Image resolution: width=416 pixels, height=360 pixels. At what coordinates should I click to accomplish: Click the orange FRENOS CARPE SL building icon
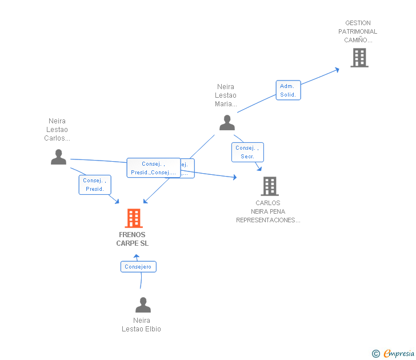tap(133, 218)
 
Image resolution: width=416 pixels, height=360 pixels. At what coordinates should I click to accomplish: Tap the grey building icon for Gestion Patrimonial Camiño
tap(359, 58)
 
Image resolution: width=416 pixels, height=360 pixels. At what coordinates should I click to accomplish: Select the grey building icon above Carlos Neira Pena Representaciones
tap(269, 186)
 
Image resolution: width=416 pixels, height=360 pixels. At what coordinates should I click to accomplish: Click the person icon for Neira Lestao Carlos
tap(58, 157)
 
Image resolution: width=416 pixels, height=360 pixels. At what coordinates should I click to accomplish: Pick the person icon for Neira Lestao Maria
tap(227, 122)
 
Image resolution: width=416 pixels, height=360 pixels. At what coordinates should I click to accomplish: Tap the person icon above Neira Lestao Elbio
tap(143, 305)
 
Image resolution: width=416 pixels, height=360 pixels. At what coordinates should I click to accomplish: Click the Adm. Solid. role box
tap(288, 90)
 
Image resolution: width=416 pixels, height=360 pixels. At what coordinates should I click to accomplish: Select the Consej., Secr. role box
tap(247, 152)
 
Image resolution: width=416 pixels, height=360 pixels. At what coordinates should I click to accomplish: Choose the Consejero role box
tap(138, 266)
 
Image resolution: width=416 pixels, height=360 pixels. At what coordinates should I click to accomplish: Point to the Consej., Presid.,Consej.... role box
tap(153, 168)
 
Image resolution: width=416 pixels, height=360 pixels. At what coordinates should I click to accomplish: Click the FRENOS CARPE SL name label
tap(132, 239)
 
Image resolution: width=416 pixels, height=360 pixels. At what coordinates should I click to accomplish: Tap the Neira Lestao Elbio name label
tap(141, 325)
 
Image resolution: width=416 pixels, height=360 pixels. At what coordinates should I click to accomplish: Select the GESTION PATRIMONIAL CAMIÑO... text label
tap(358, 31)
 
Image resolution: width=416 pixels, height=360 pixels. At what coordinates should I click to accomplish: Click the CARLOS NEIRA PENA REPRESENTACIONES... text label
tap(268, 211)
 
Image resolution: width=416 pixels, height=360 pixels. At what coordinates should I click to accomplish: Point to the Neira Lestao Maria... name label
tap(226, 95)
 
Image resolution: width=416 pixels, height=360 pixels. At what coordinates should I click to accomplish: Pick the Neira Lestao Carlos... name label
tap(57, 130)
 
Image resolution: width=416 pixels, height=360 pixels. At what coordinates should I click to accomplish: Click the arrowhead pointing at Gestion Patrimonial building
tap(337, 69)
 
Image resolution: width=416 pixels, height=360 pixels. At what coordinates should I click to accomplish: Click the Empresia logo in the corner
tap(398, 353)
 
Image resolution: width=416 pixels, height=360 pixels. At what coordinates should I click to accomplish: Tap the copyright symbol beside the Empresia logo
tap(375, 354)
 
